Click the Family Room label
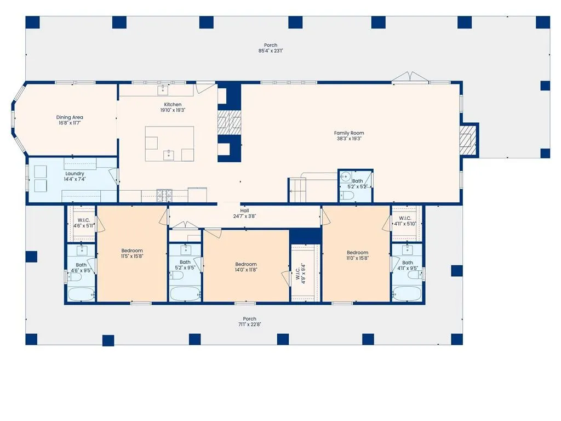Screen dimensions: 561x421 [x=349, y=133]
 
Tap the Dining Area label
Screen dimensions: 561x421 [x=70, y=117]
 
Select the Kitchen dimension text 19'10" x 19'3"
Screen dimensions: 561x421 [x=173, y=110]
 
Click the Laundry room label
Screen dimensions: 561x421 [x=75, y=174]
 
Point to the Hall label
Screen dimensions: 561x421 [x=245, y=210]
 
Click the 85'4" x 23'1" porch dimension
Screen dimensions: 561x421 [x=271, y=51]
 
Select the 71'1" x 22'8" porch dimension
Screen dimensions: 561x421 [x=249, y=325]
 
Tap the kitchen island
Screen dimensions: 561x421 [x=170, y=144]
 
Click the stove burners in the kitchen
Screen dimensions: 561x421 [x=164, y=196]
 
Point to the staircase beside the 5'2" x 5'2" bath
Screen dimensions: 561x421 [x=297, y=190]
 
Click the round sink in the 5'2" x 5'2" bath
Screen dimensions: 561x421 [x=345, y=176]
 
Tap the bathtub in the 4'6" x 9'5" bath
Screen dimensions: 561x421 [x=81, y=294]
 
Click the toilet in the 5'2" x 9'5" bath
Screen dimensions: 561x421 [x=176, y=276]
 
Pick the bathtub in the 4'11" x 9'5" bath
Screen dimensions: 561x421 [x=407, y=293]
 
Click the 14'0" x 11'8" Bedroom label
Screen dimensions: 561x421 [x=246, y=267]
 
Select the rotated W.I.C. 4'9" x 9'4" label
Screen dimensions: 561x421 [x=301, y=274]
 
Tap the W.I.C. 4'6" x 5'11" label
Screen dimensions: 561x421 [x=84, y=223]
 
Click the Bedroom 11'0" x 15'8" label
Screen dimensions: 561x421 [x=357, y=255]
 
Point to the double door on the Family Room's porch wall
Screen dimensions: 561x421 [x=410, y=77]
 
